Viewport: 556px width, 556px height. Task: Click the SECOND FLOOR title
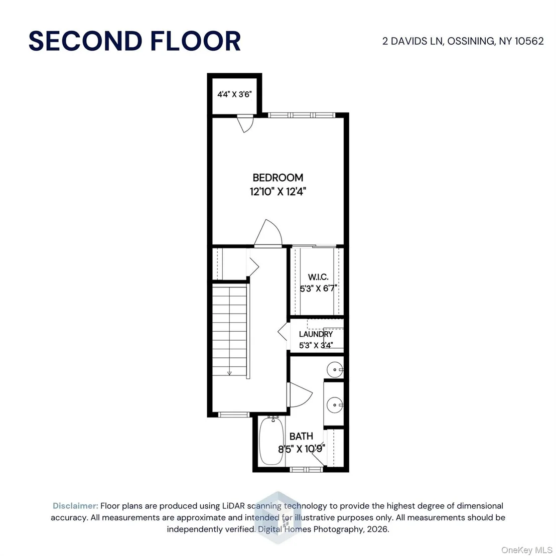(135, 41)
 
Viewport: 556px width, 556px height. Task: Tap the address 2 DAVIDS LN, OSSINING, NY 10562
(463, 41)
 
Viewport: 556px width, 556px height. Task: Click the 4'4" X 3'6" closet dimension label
(234, 94)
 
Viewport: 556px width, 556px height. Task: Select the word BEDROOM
(277, 177)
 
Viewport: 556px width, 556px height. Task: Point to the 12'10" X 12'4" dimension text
(277, 192)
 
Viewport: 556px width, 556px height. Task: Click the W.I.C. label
(318, 277)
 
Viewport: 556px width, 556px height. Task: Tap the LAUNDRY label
(316, 334)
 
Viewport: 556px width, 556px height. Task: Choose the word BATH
(301, 436)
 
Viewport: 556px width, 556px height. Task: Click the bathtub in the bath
(271, 441)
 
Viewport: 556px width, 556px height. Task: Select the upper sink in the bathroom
(334, 370)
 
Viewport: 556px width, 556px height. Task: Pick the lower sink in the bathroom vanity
(334, 404)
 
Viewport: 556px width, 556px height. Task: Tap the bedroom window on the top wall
(301, 115)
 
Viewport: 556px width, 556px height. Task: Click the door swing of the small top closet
(245, 123)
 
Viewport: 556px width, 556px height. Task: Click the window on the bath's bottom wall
(307, 470)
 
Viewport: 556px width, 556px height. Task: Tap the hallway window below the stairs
(234, 414)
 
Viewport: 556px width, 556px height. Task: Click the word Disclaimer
(75, 506)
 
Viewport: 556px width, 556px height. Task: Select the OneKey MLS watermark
(526, 550)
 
